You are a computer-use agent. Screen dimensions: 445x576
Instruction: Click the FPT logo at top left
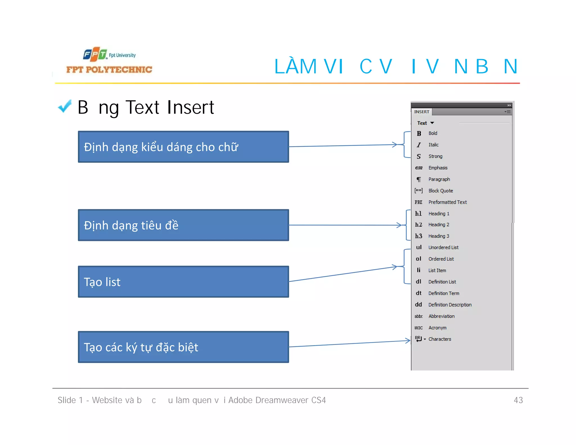click(x=95, y=54)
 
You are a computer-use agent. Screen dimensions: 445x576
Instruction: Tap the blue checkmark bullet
click(x=65, y=106)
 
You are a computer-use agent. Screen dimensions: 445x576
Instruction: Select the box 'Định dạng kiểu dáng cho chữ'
click(x=183, y=147)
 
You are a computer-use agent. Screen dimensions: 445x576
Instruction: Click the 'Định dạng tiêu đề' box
click(x=183, y=225)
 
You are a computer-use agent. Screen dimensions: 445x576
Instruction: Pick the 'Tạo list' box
click(x=183, y=282)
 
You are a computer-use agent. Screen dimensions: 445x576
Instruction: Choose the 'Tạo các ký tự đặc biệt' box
click(x=183, y=347)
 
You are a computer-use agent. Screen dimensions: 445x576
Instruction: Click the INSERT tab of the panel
click(x=421, y=112)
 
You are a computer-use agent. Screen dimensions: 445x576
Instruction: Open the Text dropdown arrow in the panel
click(x=432, y=123)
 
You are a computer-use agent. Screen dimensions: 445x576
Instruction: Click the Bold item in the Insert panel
click(x=433, y=133)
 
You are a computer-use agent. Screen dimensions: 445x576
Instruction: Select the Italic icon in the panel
click(x=419, y=145)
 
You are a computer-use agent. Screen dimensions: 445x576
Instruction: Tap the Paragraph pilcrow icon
click(x=419, y=179)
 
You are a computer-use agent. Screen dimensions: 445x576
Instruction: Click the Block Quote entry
click(x=440, y=191)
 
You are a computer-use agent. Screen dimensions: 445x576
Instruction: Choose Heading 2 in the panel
click(x=438, y=225)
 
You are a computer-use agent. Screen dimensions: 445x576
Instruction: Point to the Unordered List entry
click(x=443, y=247)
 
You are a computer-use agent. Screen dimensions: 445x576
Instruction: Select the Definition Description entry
click(x=450, y=305)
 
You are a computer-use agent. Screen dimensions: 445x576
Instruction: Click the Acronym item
click(x=437, y=328)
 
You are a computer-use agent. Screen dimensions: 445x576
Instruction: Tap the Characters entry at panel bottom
click(x=440, y=339)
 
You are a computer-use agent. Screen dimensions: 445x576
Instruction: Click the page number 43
click(x=518, y=400)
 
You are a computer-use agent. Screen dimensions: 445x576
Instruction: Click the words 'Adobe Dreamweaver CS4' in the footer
click(x=277, y=400)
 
